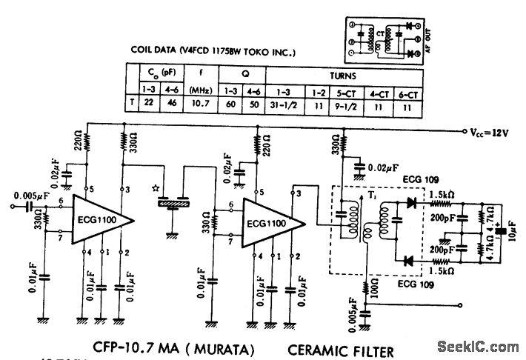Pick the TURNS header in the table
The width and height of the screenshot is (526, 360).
344,76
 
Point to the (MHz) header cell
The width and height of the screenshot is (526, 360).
200,90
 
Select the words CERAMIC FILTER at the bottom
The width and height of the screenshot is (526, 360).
341,347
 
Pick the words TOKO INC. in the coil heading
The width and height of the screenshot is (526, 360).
270,52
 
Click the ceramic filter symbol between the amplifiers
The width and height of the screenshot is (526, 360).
174,199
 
